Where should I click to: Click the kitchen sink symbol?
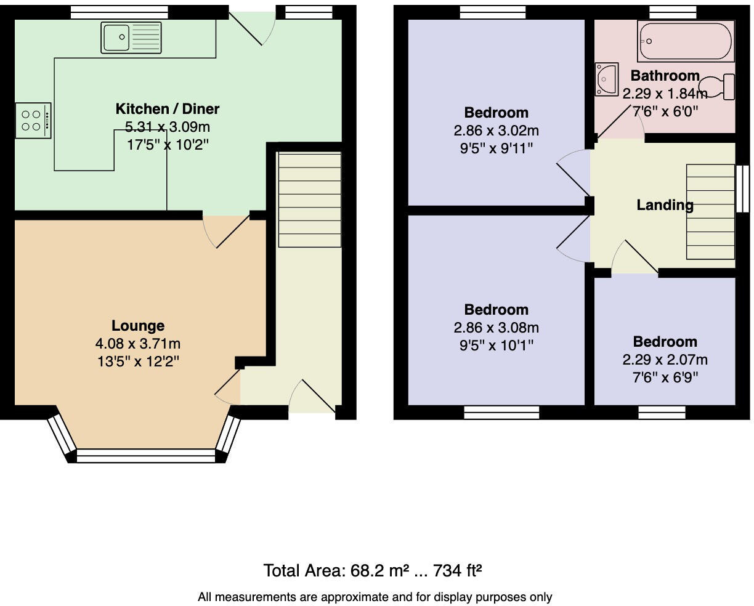click(131, 37)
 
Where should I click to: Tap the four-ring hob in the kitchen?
click(32, 121)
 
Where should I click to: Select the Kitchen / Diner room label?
click(167, 109)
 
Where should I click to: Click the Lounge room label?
click(138, 326)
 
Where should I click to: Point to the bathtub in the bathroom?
click(685, 41)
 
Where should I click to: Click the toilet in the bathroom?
click(718, 87)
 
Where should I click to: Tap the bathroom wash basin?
click(606, 79)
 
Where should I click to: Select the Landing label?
click(665, 205)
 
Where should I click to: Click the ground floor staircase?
click(309, 200)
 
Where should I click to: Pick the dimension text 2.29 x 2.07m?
click(665, 360)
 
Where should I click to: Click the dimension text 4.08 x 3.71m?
click(138, 344)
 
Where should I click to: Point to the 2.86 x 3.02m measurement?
click(496, 131)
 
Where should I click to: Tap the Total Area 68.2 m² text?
click(372, 571)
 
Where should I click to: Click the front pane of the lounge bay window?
click(146, 456)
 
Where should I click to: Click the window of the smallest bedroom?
click(662, 412)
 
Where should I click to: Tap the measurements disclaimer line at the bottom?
click(375, 597)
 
